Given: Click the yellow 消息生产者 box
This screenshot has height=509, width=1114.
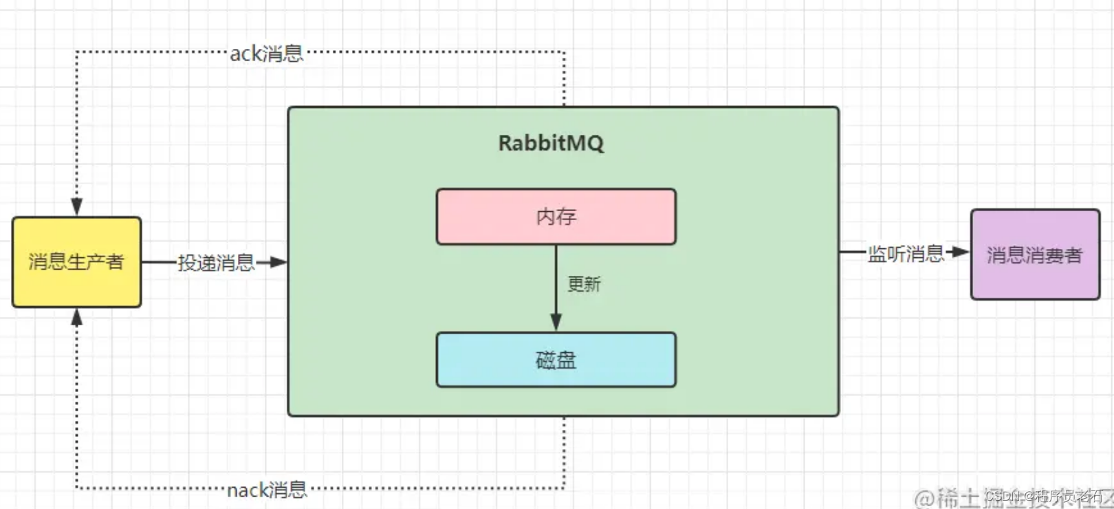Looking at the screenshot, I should point(76,262).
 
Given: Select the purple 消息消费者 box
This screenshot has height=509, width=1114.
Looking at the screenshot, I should point(1035,255).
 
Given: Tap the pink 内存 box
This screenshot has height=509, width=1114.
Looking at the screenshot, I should point(556,217).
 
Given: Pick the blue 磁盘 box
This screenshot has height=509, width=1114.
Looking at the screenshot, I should point(556,360).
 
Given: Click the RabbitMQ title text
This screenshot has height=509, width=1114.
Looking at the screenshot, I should point(551,143).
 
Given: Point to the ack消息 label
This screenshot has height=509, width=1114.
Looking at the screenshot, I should point(266,54).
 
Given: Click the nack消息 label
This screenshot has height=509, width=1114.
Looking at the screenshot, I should point(267,490).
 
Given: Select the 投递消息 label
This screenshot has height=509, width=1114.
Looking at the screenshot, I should point(216,263).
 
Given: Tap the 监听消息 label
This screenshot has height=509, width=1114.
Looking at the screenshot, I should point(906,254).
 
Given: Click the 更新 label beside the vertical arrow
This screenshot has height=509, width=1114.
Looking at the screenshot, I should point(584,284).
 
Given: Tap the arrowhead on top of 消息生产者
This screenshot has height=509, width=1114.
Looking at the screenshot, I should point(77,206).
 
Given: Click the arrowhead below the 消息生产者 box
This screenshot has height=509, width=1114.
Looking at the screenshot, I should point(77,317).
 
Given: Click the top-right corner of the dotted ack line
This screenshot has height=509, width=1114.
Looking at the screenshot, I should point(564,52).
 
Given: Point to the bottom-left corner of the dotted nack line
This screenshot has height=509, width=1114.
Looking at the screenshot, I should point(77,488).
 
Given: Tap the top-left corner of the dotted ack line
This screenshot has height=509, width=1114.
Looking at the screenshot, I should point(77,52).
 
